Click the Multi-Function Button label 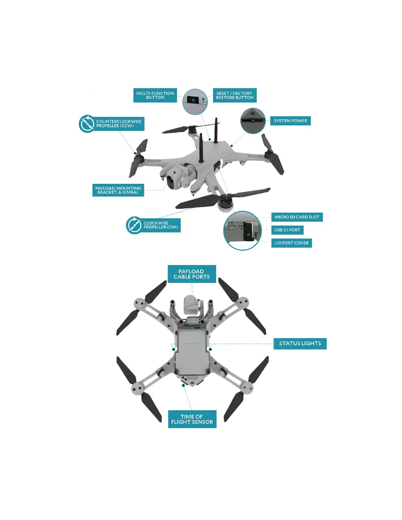coord(155,95)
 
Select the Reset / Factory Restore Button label coord(234,95)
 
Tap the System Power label coord(290,121)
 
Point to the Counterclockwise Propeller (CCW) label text coord(119,123)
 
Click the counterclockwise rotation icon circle coord(87,124)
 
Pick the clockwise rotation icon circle coord(134,225)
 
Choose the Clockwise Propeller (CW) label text coord(161,225)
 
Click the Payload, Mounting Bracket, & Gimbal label coord(118,190)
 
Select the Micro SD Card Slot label coord(297,217)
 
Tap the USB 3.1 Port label coord(287,230)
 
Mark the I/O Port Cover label coord(292,243)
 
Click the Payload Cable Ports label coord(192,274)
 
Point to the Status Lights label coord(300,343)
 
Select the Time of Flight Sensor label coord(192,419)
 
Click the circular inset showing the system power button coord(253,121)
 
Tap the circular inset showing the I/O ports coord(242,230)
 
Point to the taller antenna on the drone coord(216,131)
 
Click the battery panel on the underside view coord(191,353)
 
